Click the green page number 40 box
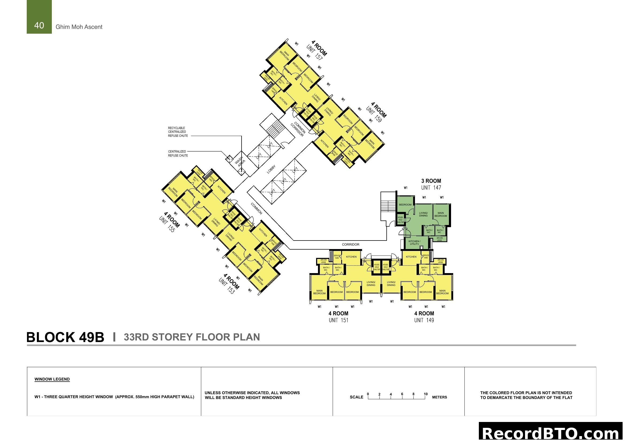[x=39, y=17]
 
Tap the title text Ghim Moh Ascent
[x=79, y=27]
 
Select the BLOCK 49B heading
[x=65, y=337]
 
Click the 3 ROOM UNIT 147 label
[x=431, y=184]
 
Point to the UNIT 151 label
[x=338, y=320]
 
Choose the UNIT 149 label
[x=424, y=320]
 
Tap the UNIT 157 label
[x=315, y=53]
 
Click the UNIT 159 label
[x=374, y=114]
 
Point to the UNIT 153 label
[x=227, y=286]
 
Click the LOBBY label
[x=271, y=169]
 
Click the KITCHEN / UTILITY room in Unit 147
[x=414, y=242]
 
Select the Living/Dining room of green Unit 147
[x=423, y=215]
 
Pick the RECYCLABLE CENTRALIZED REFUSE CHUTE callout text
[x=178, y=132]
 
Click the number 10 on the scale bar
[x=426, y=394]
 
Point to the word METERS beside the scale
[x=439, y=397]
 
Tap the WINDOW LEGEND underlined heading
[x=52, y=379]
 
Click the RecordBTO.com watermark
[x=551, y=433]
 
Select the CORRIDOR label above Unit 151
[x=351, y=245]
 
